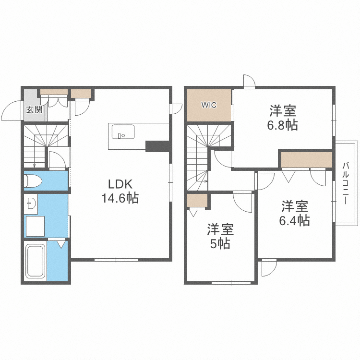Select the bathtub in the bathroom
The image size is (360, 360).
[35, 262]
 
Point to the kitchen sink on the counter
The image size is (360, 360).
[123, 131]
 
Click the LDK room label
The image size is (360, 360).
[120, 185]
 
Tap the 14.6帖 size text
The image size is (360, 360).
[120, 197]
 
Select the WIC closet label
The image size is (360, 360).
[208, 105]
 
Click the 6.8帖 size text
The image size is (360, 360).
[282, 125]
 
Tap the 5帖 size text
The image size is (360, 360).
[219, 243]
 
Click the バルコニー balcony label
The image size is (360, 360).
[346, 183]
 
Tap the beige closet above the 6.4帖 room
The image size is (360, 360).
[307, 160]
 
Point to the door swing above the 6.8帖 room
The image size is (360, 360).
[249, 81]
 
